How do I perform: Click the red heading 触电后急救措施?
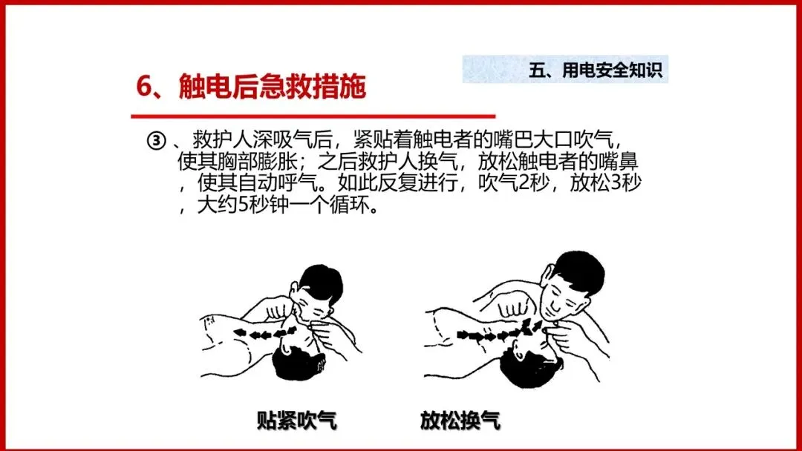click(272, 86)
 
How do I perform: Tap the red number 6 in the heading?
click(144, 86)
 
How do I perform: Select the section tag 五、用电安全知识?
click(596, 70)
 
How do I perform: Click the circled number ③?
click(157, 140)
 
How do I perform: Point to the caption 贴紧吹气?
click(296, 420)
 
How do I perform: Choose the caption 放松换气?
click(460, 420)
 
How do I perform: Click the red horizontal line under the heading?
click(313, 116)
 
